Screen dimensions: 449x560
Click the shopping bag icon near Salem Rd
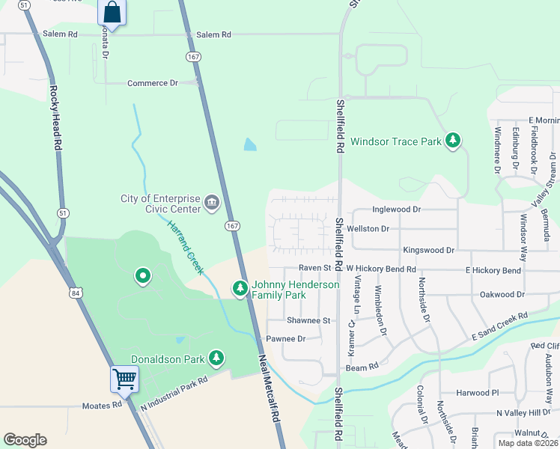coord(112,13)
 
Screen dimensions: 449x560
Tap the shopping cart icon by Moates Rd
coord(124,378)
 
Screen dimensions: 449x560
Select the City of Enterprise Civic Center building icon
coord(212,203)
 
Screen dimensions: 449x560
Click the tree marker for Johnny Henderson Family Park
coord(240,288)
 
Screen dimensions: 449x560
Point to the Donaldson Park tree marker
coord(216,358)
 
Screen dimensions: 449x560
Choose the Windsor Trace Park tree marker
coord(452,140)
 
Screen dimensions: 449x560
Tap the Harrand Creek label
coord(183,246)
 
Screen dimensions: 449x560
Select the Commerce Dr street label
coord(152,83)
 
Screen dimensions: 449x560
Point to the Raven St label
coord(314,268)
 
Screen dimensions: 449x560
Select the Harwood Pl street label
coord(477,393)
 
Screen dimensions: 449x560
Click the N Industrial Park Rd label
coord(173,392)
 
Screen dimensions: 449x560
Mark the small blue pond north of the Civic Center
coord(249,144)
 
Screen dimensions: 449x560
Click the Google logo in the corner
coord(25,440)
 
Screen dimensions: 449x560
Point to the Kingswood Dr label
coord(428,250)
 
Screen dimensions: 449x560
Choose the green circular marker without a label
coord(142,277)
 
